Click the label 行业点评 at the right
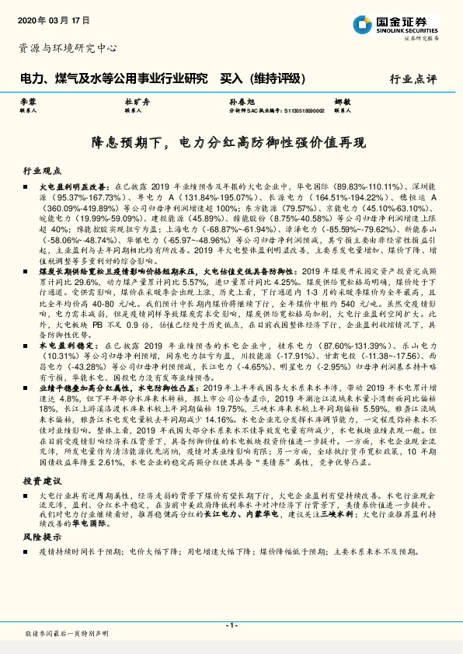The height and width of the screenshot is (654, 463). click(x=414, y=78)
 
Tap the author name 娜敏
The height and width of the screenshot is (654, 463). click(x=343, y=103)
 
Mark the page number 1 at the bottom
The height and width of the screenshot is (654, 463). click(x=231, y=624)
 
